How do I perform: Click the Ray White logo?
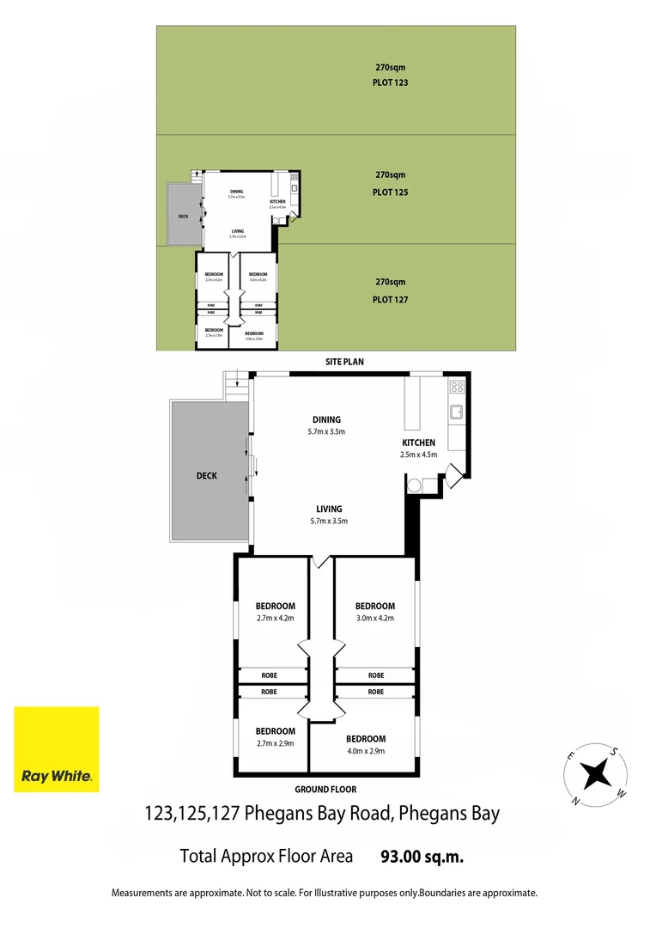(x=56, y=749)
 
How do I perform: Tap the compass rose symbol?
(x=594, y=773)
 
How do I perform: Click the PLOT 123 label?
(x=390, y=83)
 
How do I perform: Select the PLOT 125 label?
(x=390, y=192)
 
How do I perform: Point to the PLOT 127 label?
(x=390, y=300)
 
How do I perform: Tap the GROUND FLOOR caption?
(x=325, y=789)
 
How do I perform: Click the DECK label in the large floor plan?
(x=206, y=475)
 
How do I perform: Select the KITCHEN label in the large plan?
(x=418, y=443)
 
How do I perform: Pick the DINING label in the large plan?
(x=326, y=419)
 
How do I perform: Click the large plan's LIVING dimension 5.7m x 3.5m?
(x=326, y=521)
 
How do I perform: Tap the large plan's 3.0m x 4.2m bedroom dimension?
(x=374, y=619)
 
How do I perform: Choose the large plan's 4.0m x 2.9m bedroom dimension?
(x=365, y=751)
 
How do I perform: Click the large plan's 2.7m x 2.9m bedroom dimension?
(x=275, y=743)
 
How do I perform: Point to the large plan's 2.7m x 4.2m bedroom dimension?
(x=275, y=619)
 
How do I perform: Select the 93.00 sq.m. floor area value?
(x=422, y=857)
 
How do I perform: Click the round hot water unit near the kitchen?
(x=415, y=485)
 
